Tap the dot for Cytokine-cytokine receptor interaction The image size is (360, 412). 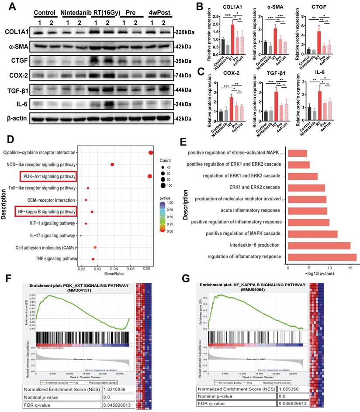click(151, 152)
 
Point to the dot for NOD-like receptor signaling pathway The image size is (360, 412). click(112, 165)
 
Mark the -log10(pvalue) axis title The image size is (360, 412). click(322, 273)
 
